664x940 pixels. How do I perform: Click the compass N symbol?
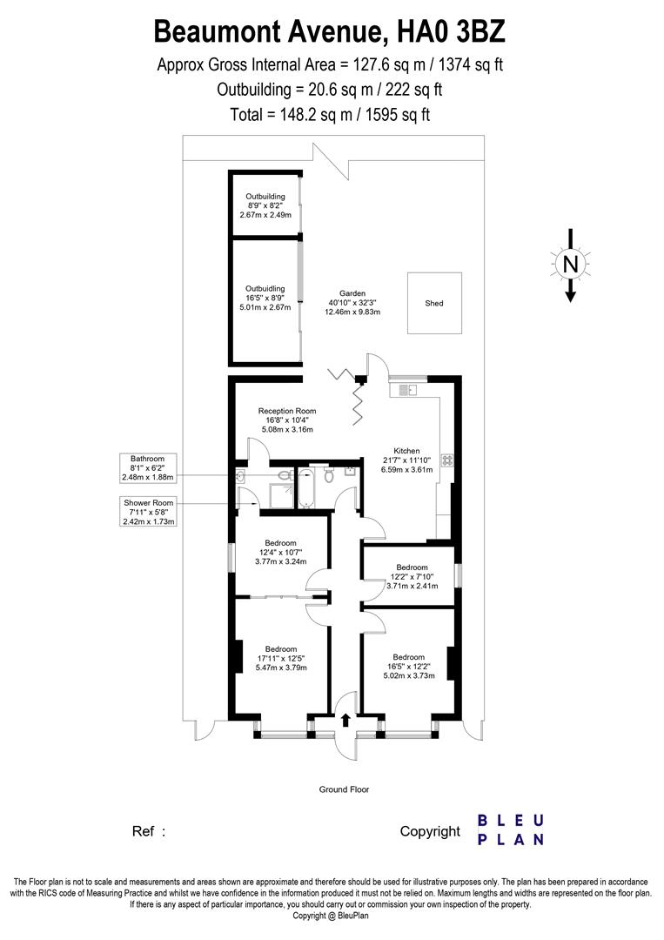(x=570, y=263)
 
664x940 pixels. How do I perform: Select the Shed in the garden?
(x=434, y=303)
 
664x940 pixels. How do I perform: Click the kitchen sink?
(x=407, y=391)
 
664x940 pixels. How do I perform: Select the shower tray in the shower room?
(x=280, y=494)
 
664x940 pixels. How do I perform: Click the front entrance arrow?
(x=346, y=720)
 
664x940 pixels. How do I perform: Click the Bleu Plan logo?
(x=511, y=829)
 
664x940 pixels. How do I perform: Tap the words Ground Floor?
(x=345, y=789)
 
